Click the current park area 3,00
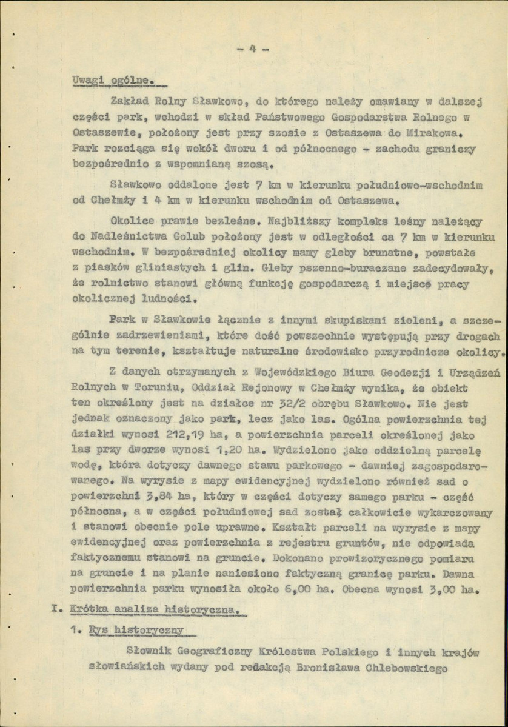tap(442, 588)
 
